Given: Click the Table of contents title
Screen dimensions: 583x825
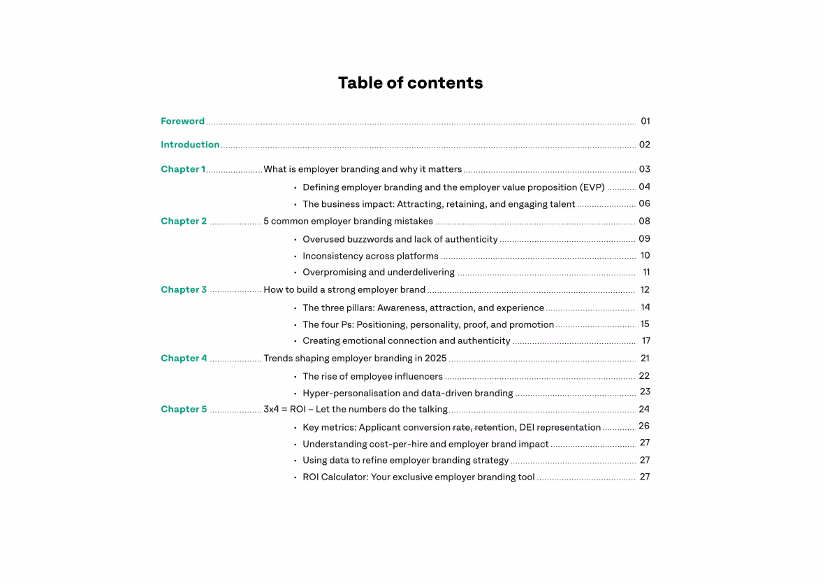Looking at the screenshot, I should (x=410, y=83).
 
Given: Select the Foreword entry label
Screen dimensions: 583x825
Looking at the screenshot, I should (x=182, y=121).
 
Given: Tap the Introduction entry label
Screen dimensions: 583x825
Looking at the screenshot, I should (x=190, y=145).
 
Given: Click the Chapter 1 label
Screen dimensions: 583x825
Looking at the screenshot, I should (x=183, y=169).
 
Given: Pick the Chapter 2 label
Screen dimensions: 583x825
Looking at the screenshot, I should (x=184, y=221).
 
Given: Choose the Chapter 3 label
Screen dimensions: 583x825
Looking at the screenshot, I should (x=184, y=289).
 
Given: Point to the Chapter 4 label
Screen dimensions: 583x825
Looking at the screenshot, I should (x=184, y=358).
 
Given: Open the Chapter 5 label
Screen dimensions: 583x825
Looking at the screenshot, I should (x=184, y=409).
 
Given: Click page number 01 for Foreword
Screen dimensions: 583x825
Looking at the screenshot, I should (x=645, y=121).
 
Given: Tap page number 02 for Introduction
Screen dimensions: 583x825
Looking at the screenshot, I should (x=644, y=145).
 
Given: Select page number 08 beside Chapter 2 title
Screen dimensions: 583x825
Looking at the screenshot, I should (x=644, y=221).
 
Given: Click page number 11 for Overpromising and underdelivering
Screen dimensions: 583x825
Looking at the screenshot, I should (x=646, y=272).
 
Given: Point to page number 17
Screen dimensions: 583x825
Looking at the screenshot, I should (x=646, y=340).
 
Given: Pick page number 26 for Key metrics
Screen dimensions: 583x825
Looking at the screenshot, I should (x=644, y=426).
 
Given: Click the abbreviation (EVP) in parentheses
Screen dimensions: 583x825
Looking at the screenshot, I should (x=592, y=187).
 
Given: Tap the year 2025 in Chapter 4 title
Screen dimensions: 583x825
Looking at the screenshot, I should (x=435, y=358).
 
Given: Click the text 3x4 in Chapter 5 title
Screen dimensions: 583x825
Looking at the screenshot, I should (x=270, y=409).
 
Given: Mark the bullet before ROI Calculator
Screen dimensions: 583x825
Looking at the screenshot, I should (x=295, y=477).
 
